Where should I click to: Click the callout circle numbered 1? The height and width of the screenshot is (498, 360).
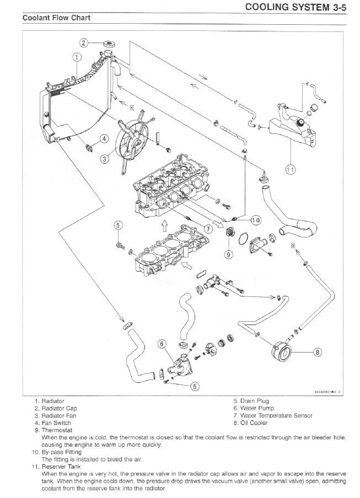(77, 57)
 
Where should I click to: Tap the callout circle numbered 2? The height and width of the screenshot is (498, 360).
(84, 42)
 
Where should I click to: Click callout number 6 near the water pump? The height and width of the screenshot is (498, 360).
(162, 344)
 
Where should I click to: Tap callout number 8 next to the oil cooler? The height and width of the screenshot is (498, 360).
(317, 351)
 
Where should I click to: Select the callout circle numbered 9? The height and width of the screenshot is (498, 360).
(229, 255)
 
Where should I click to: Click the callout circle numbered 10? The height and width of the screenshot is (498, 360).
(256, 220)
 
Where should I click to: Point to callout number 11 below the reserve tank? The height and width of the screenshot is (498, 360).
(290, 170)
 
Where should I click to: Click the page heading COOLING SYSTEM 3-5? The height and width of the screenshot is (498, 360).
(298, 7)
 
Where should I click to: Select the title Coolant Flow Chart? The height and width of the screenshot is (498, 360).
(56, 18)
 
